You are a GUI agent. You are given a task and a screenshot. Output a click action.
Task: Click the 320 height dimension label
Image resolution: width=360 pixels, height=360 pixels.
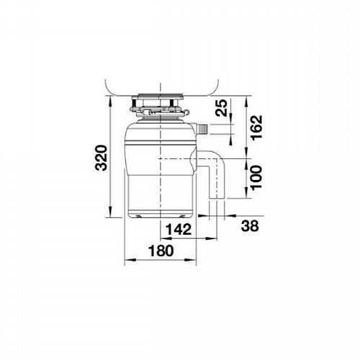click(101, 158)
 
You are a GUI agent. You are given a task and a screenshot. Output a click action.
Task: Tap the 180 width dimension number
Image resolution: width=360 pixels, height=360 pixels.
click(161, 251)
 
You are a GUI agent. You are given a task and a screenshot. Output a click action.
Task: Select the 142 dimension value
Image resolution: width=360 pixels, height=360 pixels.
click(179, 230)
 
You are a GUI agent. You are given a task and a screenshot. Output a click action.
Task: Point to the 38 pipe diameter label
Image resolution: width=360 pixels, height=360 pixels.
click(250, 226)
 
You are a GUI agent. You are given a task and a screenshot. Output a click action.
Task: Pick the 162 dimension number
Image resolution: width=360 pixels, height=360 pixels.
click(256, 127)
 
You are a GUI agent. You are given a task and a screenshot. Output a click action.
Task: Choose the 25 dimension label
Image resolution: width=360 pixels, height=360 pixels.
click(221, 108)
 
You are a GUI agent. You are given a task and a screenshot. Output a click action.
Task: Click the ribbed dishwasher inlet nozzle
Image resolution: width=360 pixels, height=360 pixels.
click(203, 129)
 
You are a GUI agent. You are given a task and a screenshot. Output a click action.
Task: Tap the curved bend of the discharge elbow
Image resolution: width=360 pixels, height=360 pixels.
click(220, 158)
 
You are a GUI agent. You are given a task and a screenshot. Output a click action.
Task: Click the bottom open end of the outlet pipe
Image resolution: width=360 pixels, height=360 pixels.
click(217, 198)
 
